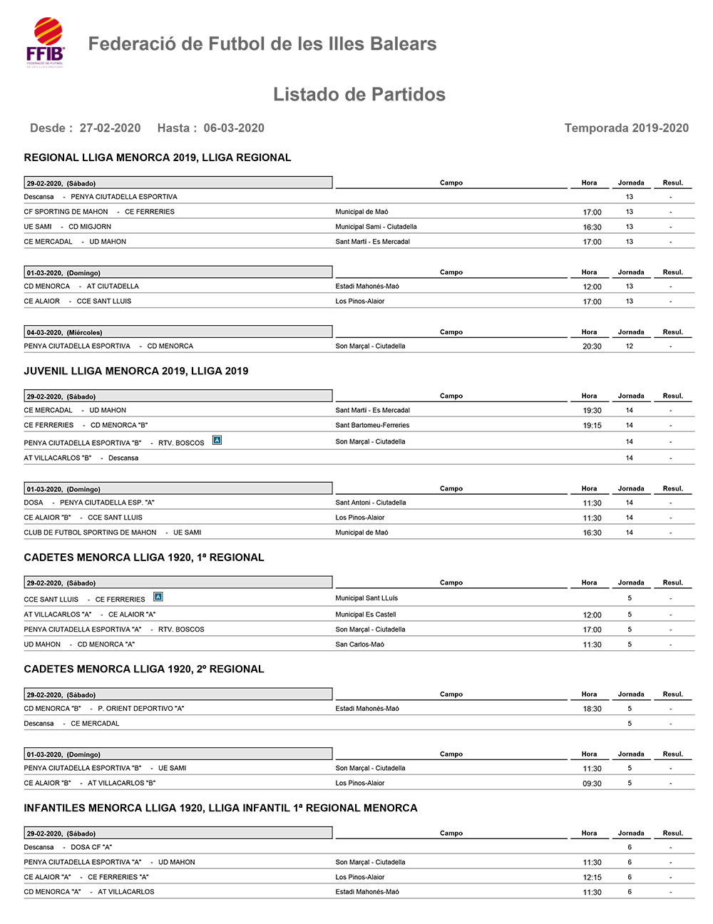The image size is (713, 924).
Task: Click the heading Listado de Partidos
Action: (359, 95)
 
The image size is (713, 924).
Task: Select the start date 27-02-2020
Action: (110, 128)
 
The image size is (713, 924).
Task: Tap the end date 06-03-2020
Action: (234, 128)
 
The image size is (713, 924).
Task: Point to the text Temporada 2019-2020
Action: (626, 128)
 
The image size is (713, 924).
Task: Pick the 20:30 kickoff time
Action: (592, 346)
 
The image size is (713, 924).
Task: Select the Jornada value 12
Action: (630, 346)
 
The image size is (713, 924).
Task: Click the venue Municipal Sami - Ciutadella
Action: (376, 227)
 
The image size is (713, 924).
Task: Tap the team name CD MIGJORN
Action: (90, 227)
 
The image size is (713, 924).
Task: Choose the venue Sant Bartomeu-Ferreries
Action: (372, 426)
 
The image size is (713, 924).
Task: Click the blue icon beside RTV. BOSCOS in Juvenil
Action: (217, 441)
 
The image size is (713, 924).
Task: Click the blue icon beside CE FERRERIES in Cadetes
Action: (158, 597)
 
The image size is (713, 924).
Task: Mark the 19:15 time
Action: (592, 426)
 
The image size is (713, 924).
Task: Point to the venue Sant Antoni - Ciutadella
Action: (371, 503)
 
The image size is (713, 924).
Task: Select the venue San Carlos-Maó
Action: (360, 645)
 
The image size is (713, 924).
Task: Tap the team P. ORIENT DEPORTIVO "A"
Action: (141, 709)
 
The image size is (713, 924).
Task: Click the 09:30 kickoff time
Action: (592, 784)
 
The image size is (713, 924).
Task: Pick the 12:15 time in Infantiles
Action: (592, 878)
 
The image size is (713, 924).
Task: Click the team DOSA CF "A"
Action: (91, 848)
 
